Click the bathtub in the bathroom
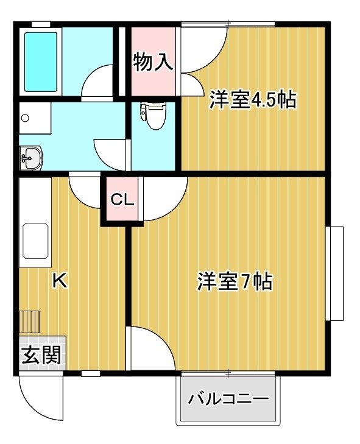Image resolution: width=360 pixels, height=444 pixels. click(x=41, y=62)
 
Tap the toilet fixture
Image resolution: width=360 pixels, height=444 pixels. click(x=154, y=115)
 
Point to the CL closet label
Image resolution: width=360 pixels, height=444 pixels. click(x=122, y=200)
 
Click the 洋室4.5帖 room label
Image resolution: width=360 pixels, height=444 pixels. click(x=253, y=100)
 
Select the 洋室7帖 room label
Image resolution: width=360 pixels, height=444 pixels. click(x=235, y=281)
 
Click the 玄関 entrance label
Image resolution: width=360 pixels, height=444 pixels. click(x=41, y=354)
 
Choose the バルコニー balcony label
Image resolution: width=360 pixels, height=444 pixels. click(x=228, y=400)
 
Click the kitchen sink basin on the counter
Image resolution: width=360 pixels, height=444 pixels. click(x=35, y=241)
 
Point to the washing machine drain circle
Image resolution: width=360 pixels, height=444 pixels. click(x=25, y=118)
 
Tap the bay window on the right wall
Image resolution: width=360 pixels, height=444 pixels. click(x=335, y=273)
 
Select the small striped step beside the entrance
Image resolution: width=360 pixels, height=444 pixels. click(x=29, y=322)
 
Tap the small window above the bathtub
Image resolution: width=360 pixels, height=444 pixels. click(x=41, y=24)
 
